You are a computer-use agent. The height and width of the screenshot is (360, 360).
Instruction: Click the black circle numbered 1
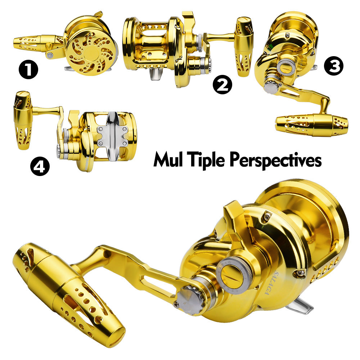(x=28, y=70)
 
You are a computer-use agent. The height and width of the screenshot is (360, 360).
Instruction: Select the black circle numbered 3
(x=333, y=67)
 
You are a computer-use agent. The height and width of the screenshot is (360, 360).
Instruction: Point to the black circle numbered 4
(x=40, y=166)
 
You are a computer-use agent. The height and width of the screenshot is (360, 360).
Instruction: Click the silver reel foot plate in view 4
(x=112, y=131)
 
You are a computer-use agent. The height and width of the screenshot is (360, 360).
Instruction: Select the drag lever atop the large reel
(x=234, y=220)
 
